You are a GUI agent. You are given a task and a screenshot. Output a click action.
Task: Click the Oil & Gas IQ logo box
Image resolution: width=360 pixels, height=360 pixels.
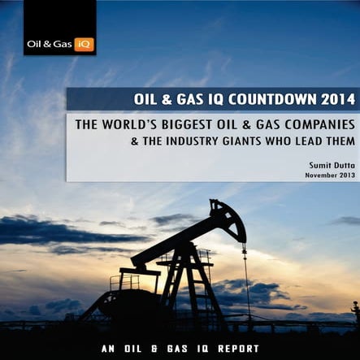click(59, 28)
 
